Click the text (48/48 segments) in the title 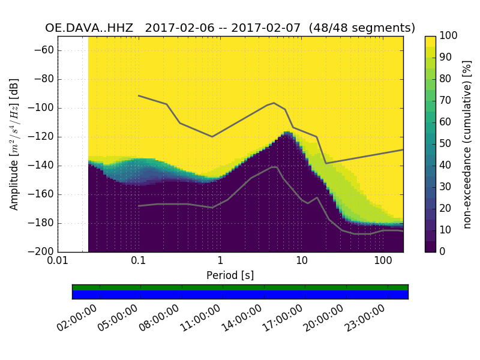[366, 28]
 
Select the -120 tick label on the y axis [41, 137]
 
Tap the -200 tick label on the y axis [41, 252]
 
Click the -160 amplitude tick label [41, 194]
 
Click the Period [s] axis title [230, 275]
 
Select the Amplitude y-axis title [14, 144]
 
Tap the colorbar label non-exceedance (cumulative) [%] [467, 144]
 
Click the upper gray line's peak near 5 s [274, 103]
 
